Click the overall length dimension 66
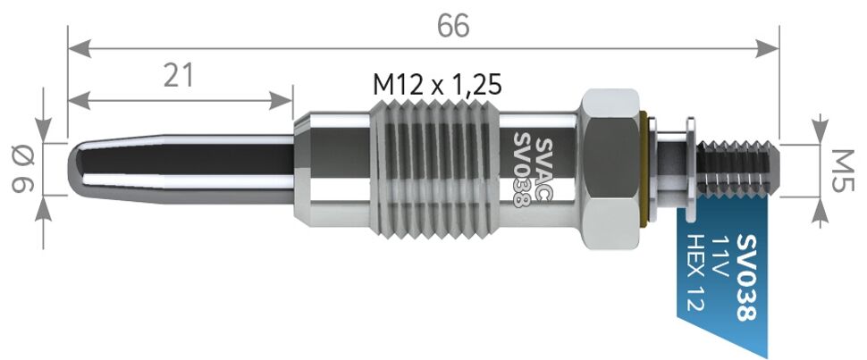453,25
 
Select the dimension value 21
179,75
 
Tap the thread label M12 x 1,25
437,85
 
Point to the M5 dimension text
842,171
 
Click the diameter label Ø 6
22,169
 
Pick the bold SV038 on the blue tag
746,278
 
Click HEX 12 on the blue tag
694,272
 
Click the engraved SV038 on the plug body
521,169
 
